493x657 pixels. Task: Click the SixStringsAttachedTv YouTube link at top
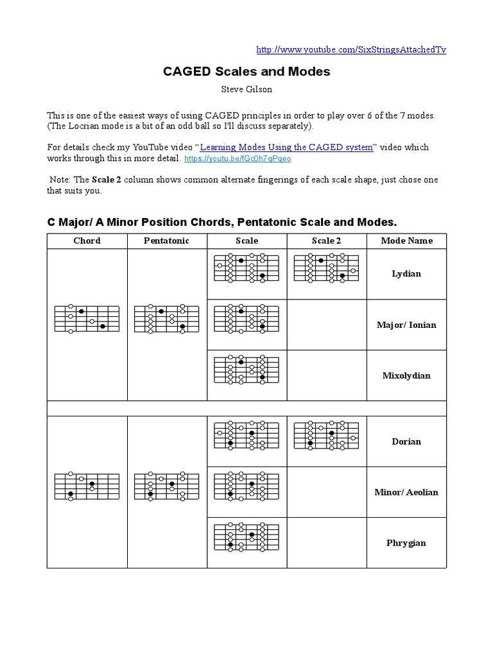[350, 49]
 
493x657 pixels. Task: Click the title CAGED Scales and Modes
[246, 71]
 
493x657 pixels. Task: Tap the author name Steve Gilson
[246, 89]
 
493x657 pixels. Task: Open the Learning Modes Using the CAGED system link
[286, 147]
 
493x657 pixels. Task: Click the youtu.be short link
[238, 158]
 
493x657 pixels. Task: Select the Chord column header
[87, 241]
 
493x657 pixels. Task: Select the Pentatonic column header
[166, 241]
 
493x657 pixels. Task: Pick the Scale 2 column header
[326, 241]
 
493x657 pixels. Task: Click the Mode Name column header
[406, 241]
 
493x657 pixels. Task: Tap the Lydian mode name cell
[406, 274]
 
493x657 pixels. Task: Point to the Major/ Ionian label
[406, 325]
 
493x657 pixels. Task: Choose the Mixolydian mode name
[406, 375]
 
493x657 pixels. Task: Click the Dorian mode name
[406, 441]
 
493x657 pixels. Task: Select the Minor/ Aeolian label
[406, 492]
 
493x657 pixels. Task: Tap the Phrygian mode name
[406, 543]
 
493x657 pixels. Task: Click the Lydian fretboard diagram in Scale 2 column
[326, 268]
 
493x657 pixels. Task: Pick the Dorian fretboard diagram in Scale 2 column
[326, 436]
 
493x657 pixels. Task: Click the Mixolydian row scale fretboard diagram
[246, 370]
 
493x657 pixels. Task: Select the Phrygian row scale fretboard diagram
[246, 537]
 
